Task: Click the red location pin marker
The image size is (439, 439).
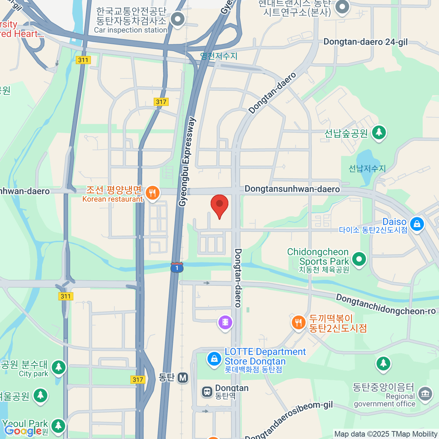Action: click(219, 205)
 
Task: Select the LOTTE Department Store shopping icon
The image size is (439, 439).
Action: click(214, 358)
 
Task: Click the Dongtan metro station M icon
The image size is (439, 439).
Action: click(183, 378)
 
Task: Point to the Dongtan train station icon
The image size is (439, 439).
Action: click(207, 392)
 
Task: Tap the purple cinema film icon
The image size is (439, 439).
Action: click(225, 322)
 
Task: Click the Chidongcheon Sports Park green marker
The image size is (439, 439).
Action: click(359, 259)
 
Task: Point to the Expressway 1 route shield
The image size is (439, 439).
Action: click(177, 267)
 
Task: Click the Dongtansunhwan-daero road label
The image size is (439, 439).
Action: click(292, 189)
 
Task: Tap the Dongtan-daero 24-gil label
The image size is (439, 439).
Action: click(365, 42)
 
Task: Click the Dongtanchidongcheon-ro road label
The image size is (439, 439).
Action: click(386, 305)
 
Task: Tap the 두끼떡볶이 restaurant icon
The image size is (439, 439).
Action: click(299, 322)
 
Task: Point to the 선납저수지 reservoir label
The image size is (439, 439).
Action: click(367, 169)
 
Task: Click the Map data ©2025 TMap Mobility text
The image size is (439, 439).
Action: click(386, 434)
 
